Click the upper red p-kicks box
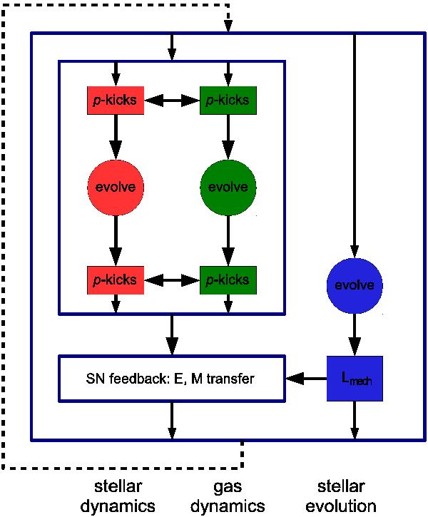pyautogui.click(x=115, y=101)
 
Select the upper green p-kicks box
pyautogui.click(x=228, y=101)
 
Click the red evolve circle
pyautogui.click(x=115, y=187)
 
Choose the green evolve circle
pyautogui.click(x=228, y=187)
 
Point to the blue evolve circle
pyautogui.click(x=354, y=285)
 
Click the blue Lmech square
pyautogui.click(x=354, y=378)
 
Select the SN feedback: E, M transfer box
pyautogui.click(x=171, y=378)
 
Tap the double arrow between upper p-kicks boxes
pyautogui.click(x=171, y=101)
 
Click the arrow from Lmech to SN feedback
pyautogui.click(x=305, y=378)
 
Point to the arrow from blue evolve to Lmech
pyautogui.click(x=354, y=334)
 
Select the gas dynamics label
pyautogui.click(x=229, y=496)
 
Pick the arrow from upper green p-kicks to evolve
pyautogui.click(x=228, y=137)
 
